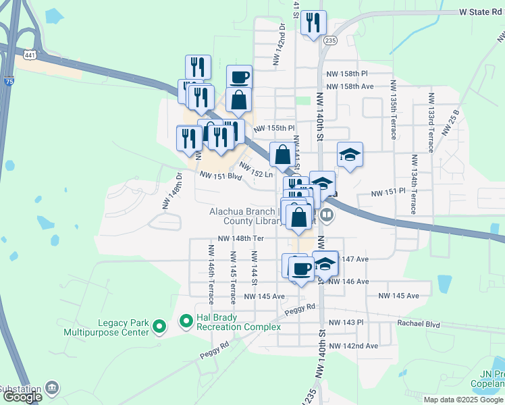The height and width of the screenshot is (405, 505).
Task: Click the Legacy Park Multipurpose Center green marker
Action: [x=159, y=327]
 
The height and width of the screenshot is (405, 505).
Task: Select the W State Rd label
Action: [x=481, y=12]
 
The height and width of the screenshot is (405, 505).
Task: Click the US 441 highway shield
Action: [x=29, y=55]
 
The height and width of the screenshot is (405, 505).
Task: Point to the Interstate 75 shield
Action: [x=8, y=81]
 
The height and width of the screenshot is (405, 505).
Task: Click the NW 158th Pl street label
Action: [x=346, y=73]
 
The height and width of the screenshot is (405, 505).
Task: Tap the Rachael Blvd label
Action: [x=418, y=324]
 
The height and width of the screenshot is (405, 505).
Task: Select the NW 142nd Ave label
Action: [x=352, y=346]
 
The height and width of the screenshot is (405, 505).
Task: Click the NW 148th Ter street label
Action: [x=240, y=238]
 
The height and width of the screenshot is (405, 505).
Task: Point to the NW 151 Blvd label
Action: [x=220, y=175]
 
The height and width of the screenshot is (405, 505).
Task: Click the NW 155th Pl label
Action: [x=274, y=128]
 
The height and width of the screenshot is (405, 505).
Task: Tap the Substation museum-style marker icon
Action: [x=51, y=388]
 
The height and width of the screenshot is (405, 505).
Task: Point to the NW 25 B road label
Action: [x=450, y=122]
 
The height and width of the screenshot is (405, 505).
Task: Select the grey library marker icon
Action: [x=327, y=215]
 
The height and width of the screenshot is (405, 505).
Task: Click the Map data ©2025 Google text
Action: [x=463, y=400]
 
